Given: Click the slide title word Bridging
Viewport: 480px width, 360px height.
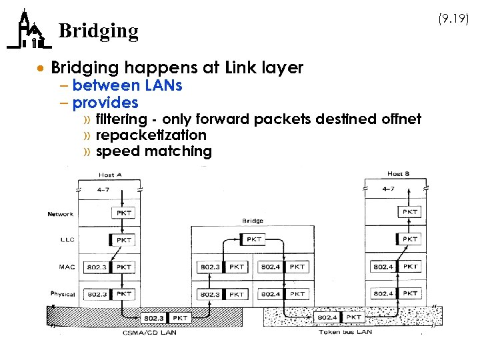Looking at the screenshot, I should click(99, 31).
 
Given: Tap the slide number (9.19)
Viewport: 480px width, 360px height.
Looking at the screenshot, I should click(454, 19).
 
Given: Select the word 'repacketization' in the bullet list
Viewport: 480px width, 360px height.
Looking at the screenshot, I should click(151, 135).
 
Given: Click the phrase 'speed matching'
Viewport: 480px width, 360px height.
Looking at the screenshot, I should click(153, 151).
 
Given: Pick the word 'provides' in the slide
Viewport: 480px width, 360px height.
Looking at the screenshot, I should click(105, 103).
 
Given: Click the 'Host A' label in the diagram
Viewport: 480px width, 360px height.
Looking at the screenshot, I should click(109, 175).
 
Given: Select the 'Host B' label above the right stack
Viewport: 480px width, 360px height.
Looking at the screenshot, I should click(398, 174).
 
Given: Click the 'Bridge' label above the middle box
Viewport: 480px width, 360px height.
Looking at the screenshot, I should click(253, 221).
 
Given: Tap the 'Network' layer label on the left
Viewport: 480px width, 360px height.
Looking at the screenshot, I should click(60, 214).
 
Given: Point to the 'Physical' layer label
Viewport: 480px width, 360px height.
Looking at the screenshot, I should click(62, 293).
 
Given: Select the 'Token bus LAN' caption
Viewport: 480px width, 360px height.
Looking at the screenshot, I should click(344, 331).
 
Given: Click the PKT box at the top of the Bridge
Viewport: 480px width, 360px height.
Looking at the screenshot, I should click(254, 239).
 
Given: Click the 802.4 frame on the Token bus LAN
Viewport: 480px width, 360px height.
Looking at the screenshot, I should click(328, 317).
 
